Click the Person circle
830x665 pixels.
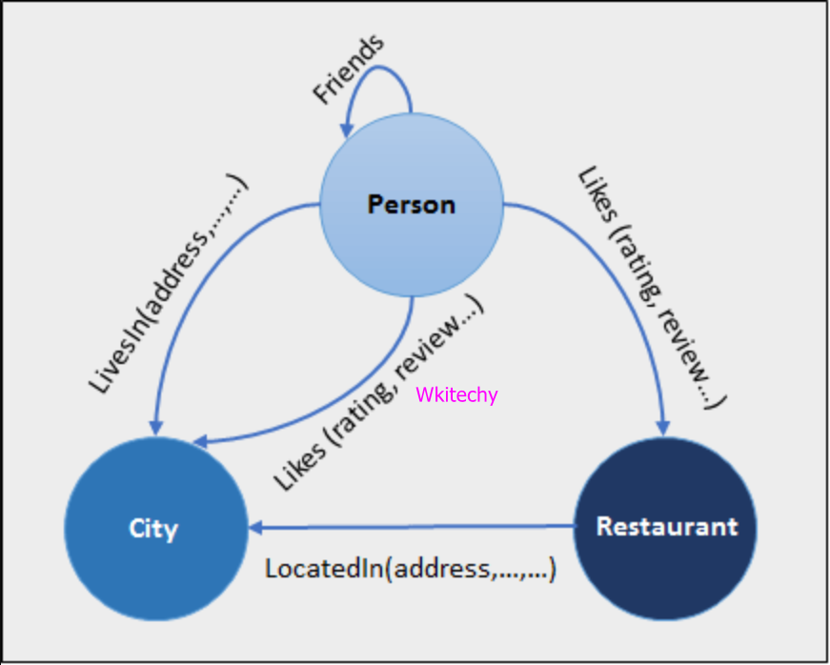click(x=411, y=204)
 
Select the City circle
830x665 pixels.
click(x=153, y=528)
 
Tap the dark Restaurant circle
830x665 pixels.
click(x=666, y=527)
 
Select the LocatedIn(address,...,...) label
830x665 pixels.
click(x=411, y=569)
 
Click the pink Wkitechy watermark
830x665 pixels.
click(x=456, y=394)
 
